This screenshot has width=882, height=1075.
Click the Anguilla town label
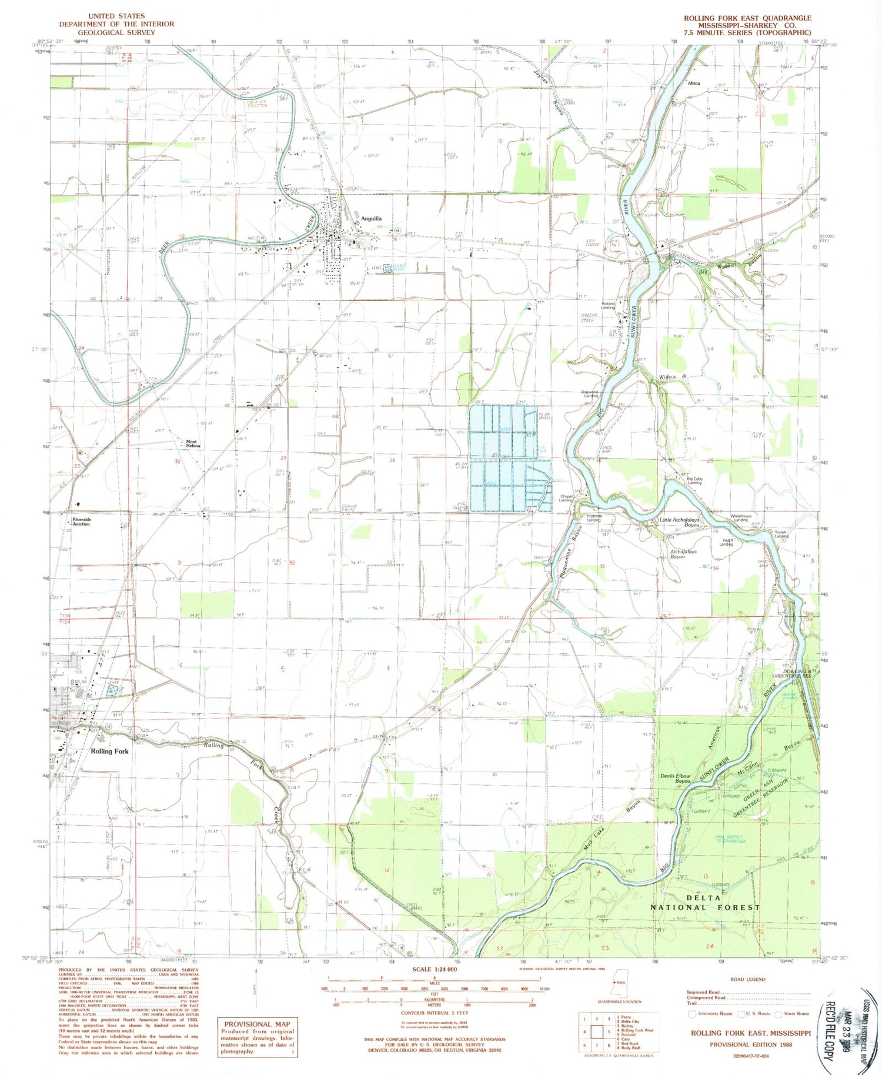tap(371, 218)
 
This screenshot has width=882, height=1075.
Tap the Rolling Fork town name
tap(109, 751)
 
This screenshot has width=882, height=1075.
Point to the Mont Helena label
tap(193, 443)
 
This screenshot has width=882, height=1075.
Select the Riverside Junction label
tap(81, 522)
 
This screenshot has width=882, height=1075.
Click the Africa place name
tap(694, 84)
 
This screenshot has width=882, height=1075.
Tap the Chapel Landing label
tap(565, 498)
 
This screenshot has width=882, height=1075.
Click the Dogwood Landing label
tap(590, 394)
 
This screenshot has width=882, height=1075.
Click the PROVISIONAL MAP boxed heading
tap(257, 1024)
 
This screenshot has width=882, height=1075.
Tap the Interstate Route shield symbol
tap(692, 1013)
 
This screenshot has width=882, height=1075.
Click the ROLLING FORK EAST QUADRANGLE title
tap(747, 18)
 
